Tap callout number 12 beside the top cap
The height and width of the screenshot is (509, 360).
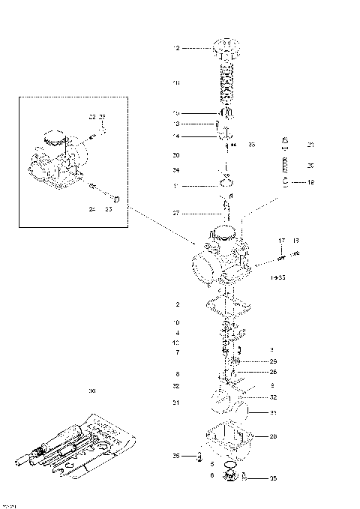tap(177, 48)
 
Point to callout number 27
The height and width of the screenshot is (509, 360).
tap(177, 213)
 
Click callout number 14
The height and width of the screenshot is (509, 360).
tap(177, 136)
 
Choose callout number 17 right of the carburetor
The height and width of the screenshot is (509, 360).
tap(282, 241)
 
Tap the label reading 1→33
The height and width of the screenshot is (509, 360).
tap(278, 277)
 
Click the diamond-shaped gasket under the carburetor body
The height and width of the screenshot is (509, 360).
tap(229, 307)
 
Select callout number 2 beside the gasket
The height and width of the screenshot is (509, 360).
tap(177, 305)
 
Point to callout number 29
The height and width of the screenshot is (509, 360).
tap(273, 361)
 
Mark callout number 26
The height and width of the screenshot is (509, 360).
tap(273, 372)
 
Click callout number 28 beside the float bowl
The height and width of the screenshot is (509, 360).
tap(273, 436)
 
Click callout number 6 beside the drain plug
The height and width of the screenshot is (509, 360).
tap(211, 475)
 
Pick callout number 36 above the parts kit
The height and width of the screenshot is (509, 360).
tap(92, 391)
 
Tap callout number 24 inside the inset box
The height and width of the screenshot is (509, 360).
tap(92, 209)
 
